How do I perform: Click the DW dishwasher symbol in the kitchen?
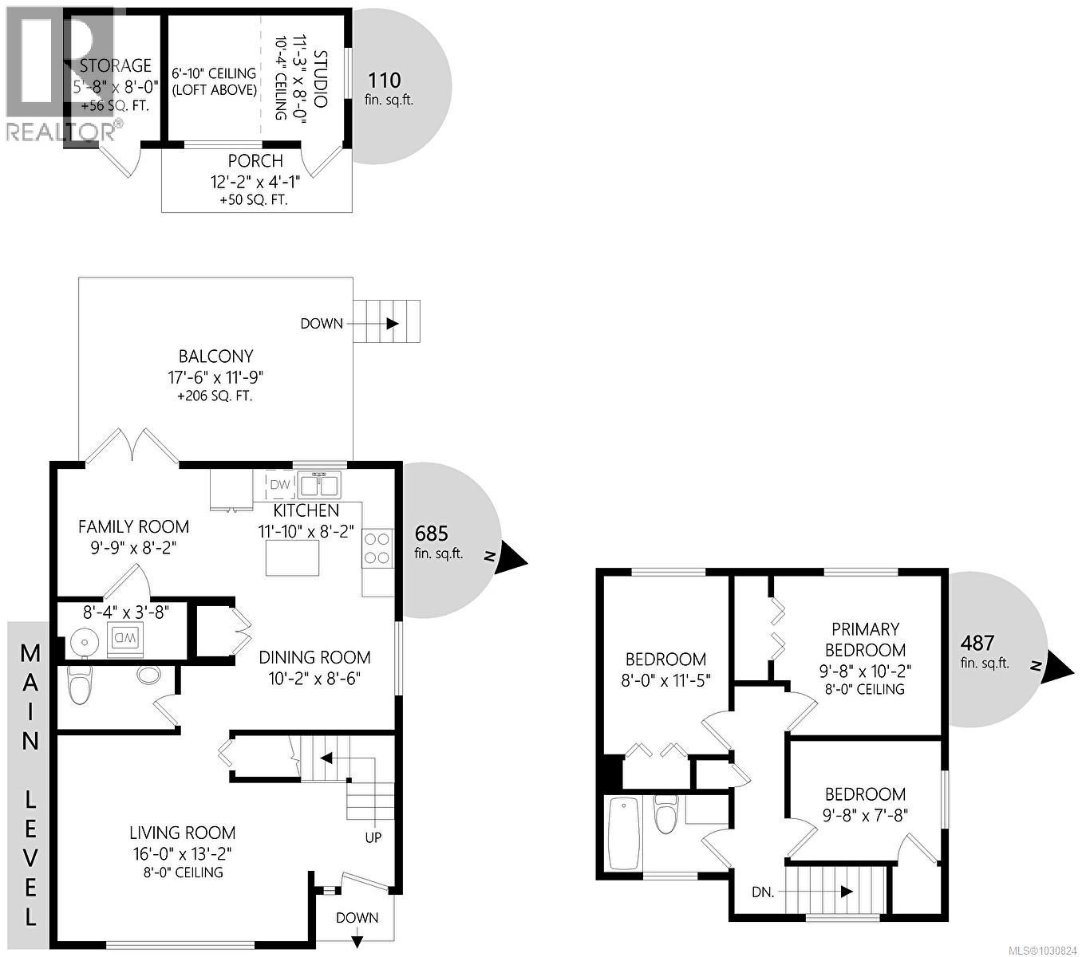(279, 484)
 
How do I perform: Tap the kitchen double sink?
(319, 484)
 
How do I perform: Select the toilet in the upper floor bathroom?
(665, 813)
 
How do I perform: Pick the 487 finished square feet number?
(977, 643)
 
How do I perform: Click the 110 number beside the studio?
(384, 80)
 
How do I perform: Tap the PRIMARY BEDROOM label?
(865, 639)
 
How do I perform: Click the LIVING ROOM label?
(183, 833)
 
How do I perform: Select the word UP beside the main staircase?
(373, 837)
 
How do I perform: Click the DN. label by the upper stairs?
(763, 892)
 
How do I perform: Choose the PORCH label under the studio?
(255, 161)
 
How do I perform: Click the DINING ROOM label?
(314, 658)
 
